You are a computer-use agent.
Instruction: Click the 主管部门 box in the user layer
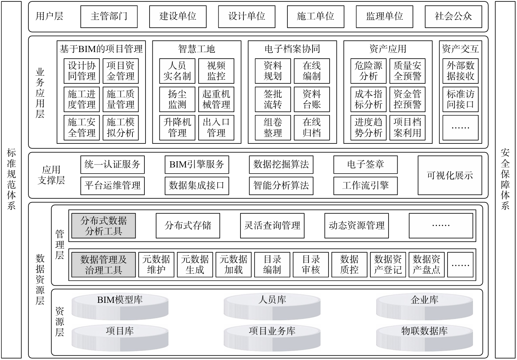pyautogui.click(x=109, y=16)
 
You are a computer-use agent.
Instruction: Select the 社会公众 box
pyautogui.click(x=453, y=16)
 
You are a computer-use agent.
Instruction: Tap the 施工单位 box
pyautogui.click(x=315, y=16)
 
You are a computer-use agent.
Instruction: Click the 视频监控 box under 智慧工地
pyautogui.click(x=216, y=71)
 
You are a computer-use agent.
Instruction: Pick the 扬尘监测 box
pyautogui.click(x=177, y=99)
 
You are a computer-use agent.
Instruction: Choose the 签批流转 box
pyautogui.click(x=273, y=99)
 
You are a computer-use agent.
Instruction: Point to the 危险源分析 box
pyautogui.click(x=368, y=71)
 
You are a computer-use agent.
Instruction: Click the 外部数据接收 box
pyautogui.click(x=460, y=71)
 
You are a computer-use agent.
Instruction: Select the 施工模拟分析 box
pyautogui.click(x=120, y=128)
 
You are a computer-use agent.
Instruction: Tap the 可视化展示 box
pyautogui.click(x=450, y=175)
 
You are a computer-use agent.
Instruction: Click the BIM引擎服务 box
pyautogui.click(x=196, y=165)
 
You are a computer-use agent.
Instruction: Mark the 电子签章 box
pyautogui.click(x=365, y=165)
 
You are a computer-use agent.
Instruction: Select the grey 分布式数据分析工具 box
pyautogui.click(x=103, y=226)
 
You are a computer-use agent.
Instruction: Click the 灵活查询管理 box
pyautogui.click(x=272, y=226)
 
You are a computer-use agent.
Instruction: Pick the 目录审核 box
pyautogui.click(x=311, y=265)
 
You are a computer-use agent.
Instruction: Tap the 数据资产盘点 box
pyautogui.click(x=426, y=265)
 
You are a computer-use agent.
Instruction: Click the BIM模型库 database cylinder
pyautogui.click(x=120, y=306)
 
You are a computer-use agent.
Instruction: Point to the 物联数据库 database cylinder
pyautogui.click(x=424, y=337)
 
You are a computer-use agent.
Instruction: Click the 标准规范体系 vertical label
pyautogui.click(x=11, y=179)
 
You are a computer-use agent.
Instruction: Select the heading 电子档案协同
pyautogui.click(x=292, y=49)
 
